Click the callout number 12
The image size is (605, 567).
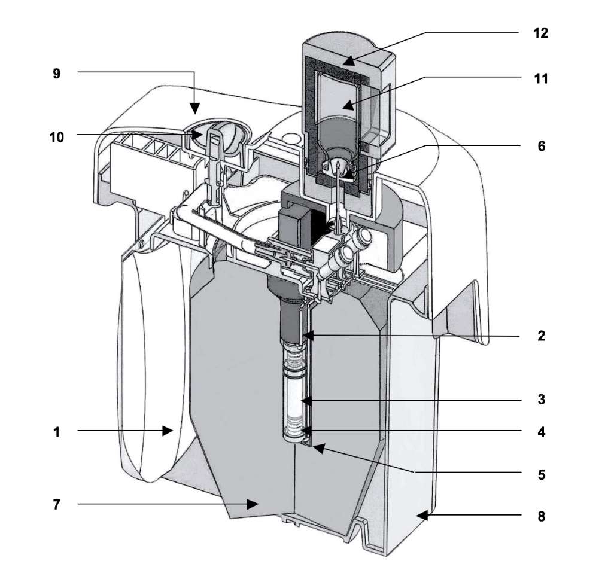[x=540, y=33]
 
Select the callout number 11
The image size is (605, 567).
[x=540, y=78]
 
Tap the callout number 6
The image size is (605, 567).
[x=541, y=146]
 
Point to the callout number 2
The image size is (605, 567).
[x=541, y=336]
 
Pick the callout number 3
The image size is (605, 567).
[x=541, y=399]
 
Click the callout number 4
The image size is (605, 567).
[x=541, y=431]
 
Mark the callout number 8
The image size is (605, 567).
[x=541, y=516]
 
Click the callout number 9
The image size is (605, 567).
[x=56, y=74]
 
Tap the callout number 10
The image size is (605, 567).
[x=56, y=136]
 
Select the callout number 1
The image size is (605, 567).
[x=56, y=432]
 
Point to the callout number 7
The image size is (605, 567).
[x=56, y=505]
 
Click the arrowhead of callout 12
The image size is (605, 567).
[x=346, y=61]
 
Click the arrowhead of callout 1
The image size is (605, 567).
[x=170, y=430]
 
